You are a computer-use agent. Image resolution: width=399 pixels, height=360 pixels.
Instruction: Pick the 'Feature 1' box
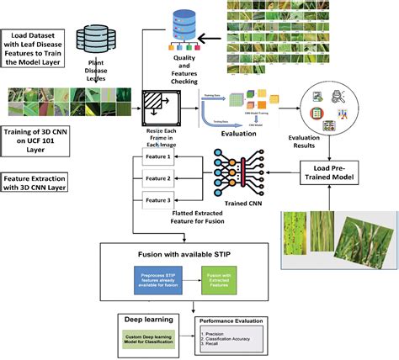click(x=159, y=156)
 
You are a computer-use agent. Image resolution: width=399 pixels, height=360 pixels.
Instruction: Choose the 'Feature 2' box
click(x=159, y=178)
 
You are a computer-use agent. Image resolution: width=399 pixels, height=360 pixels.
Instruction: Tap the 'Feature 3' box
click(x=159, y=200)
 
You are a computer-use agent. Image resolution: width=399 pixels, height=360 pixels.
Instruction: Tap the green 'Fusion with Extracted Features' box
click(x=220, y=278)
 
